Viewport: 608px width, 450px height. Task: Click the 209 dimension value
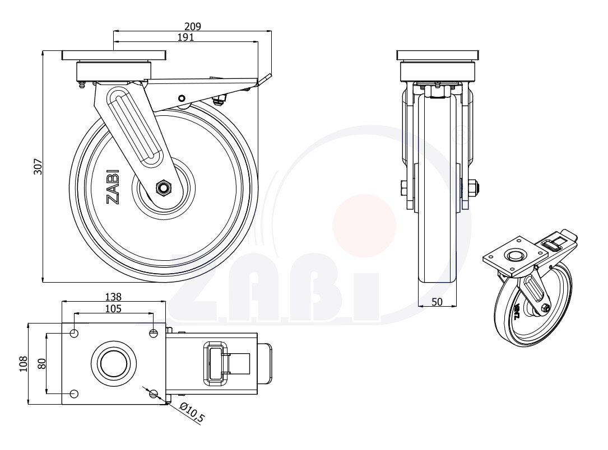pyautogui.click(x=193, y=26)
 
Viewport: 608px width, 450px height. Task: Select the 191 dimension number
pyautogui.click(x=185, y=37)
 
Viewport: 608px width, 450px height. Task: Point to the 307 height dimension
pyautogui.click(x=38, y=167)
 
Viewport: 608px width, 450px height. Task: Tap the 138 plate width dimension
pyautogui.click(x=113, y=297)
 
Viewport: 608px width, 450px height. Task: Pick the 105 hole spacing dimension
pyautogui.click(x=113, y=308)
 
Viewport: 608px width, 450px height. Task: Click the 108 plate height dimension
pyautogui.click(x=24, y=364)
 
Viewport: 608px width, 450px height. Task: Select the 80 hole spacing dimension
pyautogui.click(x=41, y=363)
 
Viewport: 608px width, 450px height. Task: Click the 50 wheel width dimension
pyautogui.click(x=437, y=302)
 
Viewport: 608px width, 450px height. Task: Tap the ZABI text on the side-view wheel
pyautogui.click(x=113, y=187)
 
